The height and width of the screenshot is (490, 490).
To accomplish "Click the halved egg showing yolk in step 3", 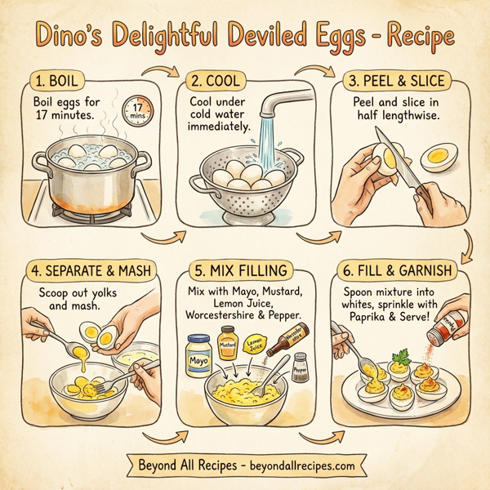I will click(x=441, y=154).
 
